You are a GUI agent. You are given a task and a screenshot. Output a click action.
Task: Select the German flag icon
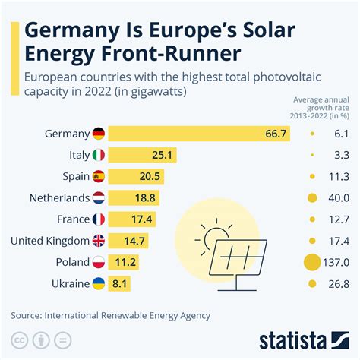99,134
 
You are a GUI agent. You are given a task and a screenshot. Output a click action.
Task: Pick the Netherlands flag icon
99,198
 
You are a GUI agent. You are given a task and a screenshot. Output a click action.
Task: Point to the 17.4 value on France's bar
142,219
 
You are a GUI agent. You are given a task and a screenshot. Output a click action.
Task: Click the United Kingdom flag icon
99,241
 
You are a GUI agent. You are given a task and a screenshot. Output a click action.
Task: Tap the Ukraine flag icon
99,284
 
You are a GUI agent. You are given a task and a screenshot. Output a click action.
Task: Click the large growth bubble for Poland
312,263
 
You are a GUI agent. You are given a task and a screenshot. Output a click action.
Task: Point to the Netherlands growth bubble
312,198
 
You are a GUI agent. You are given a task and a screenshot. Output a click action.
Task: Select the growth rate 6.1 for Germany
340,134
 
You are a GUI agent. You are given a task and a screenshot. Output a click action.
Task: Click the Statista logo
304,338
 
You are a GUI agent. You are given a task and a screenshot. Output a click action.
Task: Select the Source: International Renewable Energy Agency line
110,314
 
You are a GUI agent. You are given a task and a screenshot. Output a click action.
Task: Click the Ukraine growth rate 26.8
337,284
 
